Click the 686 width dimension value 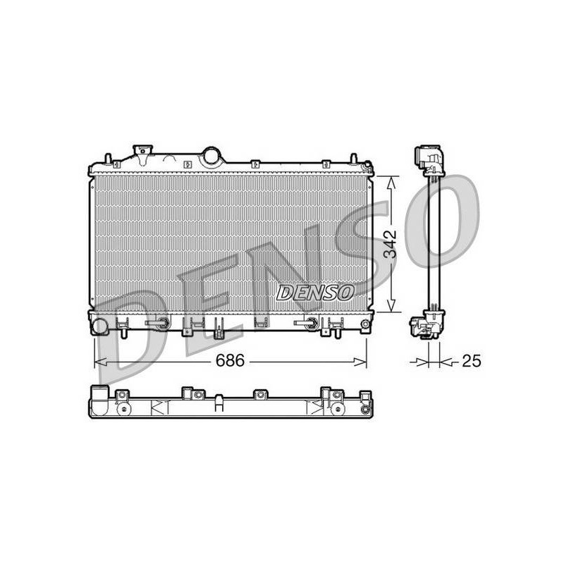click(x=230, y=360)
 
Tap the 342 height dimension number click(x=390, y=243)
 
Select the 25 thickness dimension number click(x=471, y=361)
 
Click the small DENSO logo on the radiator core click(x=314, y=293)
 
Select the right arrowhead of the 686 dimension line click(x=360, y=362)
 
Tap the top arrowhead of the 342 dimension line click(x=391, y=183)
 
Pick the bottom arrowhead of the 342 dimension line click(x=391, y=305)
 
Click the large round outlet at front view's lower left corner click(x=100, y=326)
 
